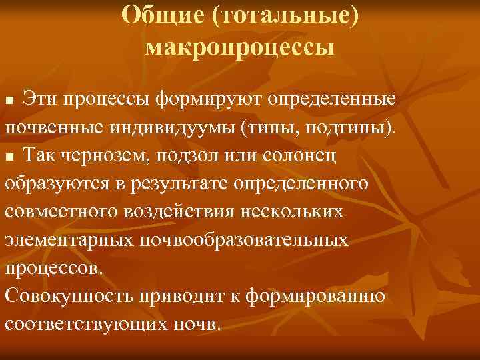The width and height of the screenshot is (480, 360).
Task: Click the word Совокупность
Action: pos(69,297)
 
